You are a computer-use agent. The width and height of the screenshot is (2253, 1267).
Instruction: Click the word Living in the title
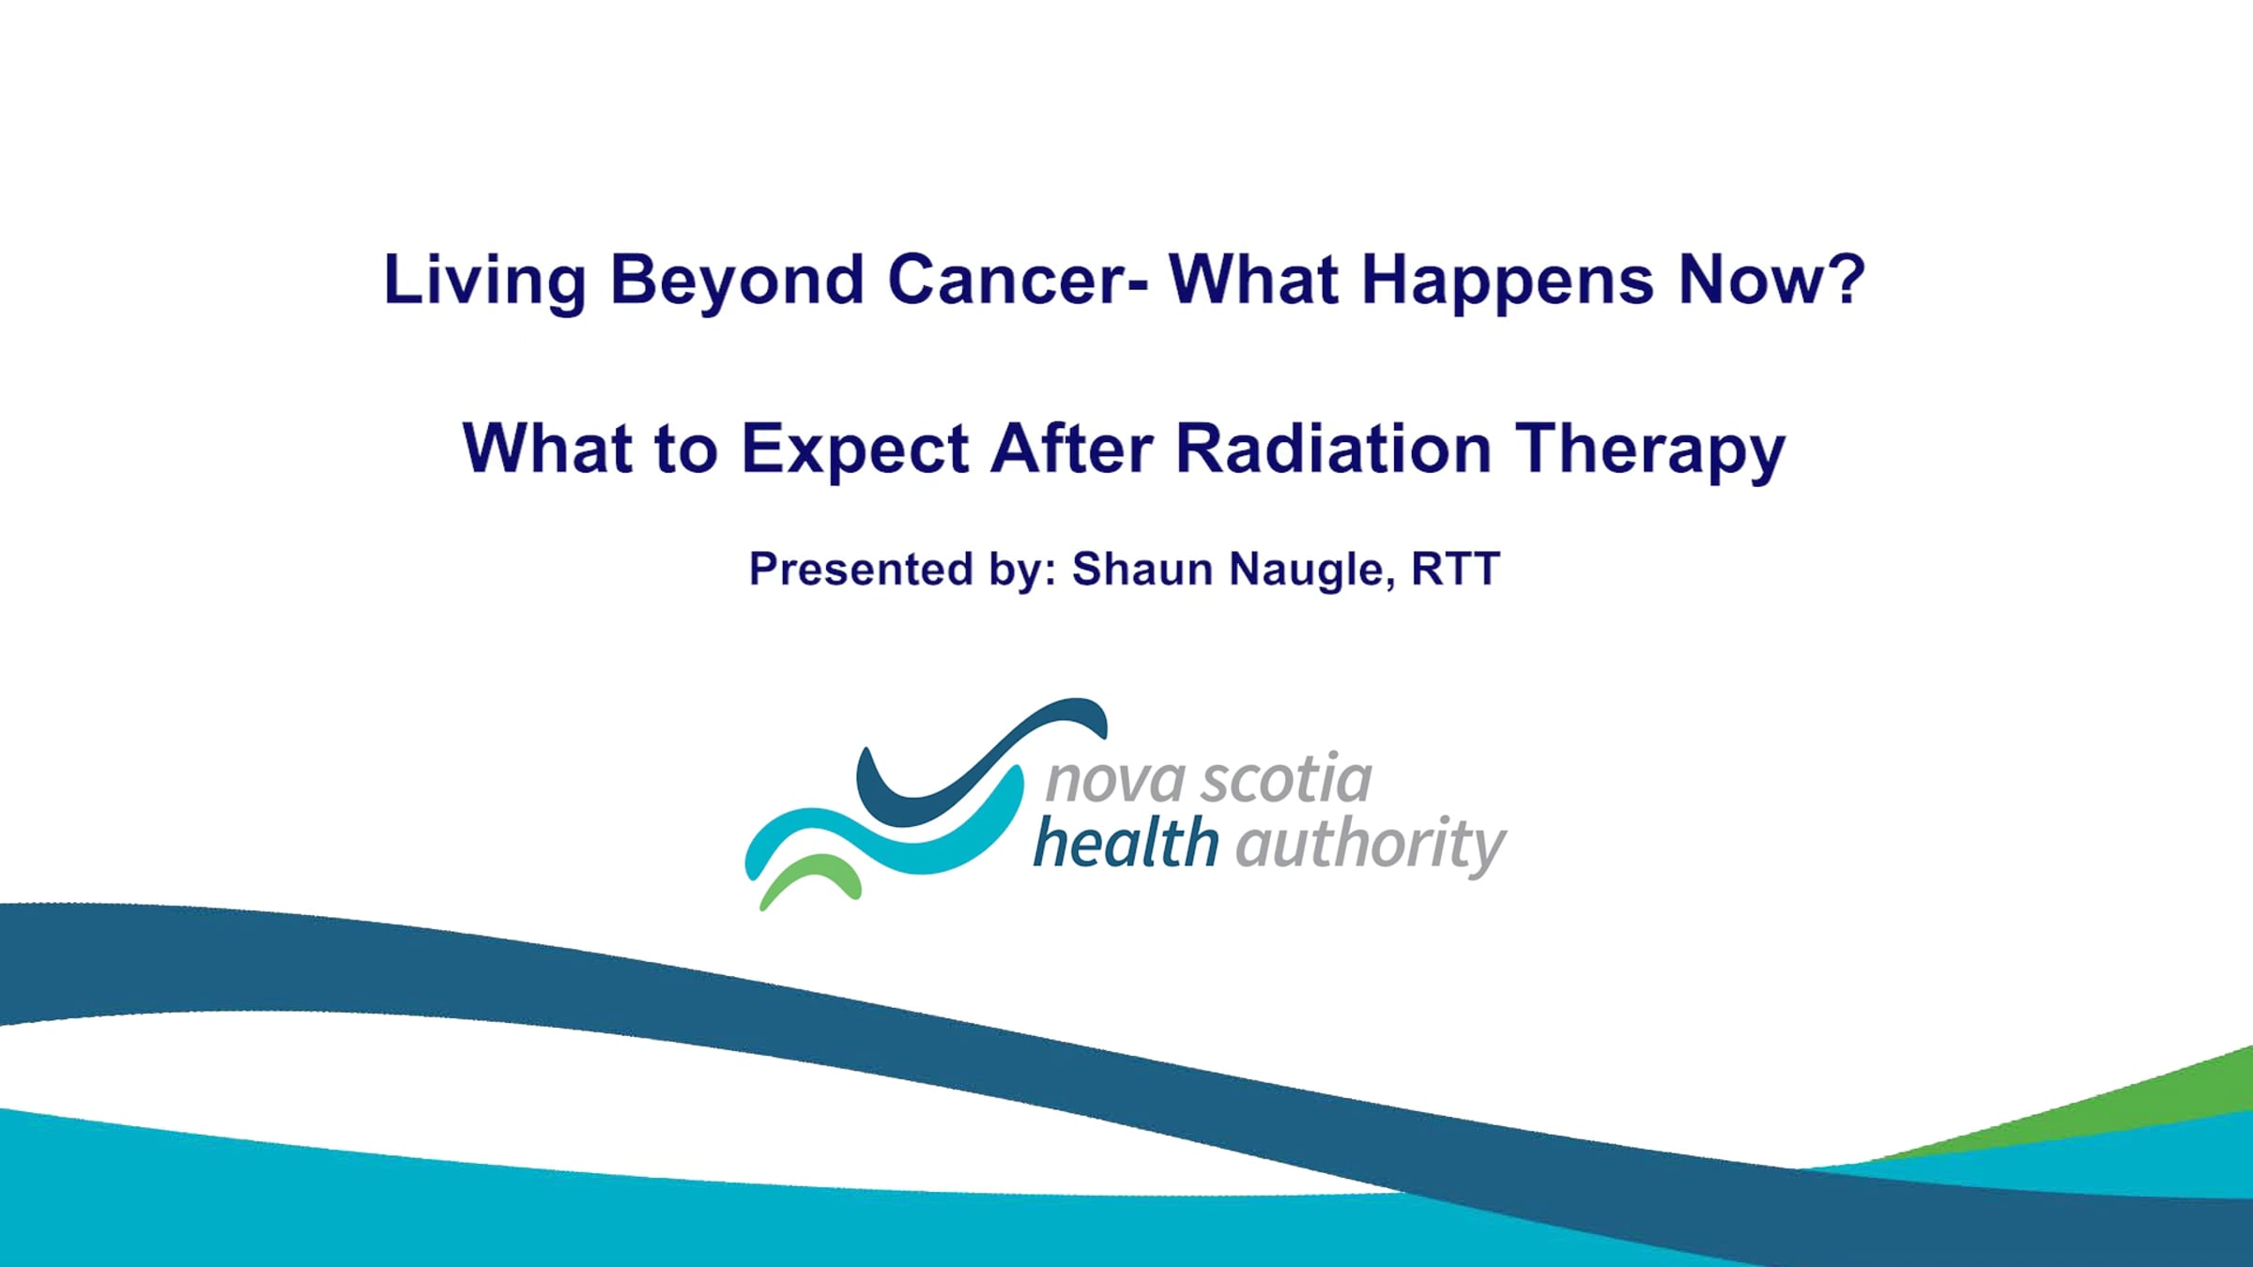point(485,281)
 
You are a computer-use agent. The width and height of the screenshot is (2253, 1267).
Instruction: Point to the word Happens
point(1508,281)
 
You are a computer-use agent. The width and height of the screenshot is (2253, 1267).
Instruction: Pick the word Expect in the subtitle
point(855,450)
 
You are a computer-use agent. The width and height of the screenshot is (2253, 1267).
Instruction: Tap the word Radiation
point(1333,448)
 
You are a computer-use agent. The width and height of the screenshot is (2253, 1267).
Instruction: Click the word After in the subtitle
point(1072,448)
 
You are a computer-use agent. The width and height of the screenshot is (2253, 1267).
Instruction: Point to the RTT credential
point(1456,569)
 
